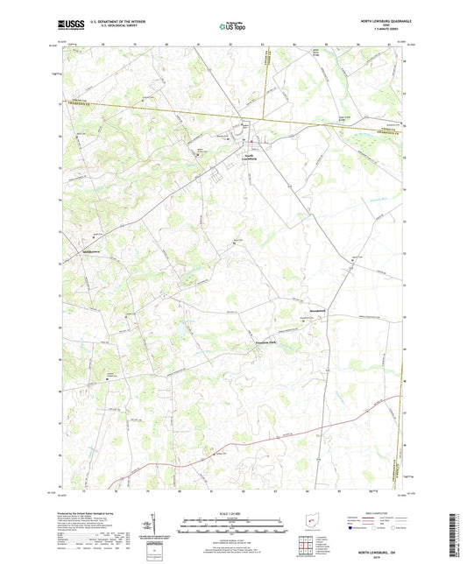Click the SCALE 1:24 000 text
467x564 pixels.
point(233,512)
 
